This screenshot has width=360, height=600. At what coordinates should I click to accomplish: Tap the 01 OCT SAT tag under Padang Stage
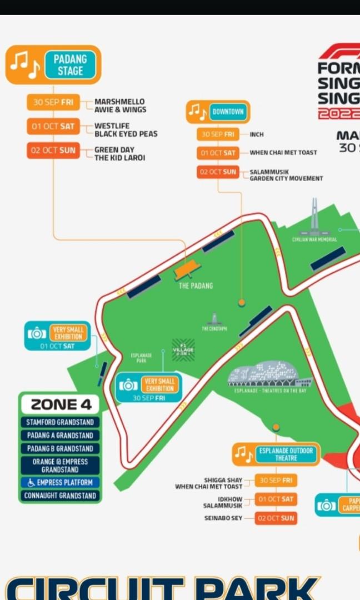tap(53, 127)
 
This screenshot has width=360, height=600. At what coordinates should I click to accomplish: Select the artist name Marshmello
tap(119, 102)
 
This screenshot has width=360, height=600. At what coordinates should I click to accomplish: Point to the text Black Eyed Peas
tap(126, 134)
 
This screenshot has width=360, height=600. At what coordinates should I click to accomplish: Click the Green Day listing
tap(114, 150)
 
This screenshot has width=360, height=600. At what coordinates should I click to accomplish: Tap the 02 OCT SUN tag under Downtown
tap(218, 172)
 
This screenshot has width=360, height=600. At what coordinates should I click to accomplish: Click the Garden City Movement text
tap(286, 178)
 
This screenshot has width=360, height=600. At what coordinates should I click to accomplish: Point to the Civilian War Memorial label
tap(314, 239)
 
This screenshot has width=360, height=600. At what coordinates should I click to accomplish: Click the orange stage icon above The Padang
tap(187, 271)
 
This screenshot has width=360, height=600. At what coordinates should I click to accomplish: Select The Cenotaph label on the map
tap(214, 328)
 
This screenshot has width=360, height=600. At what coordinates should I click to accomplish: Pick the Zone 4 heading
tap(60, 404)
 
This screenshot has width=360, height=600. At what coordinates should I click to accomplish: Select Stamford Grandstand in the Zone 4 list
tap(60, 422)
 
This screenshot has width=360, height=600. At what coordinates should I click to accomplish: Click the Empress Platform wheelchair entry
tap(60, 482)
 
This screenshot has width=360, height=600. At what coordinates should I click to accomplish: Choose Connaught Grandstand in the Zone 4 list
tap(60, 496)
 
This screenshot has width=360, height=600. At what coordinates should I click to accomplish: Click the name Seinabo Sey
tap(223, 518)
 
